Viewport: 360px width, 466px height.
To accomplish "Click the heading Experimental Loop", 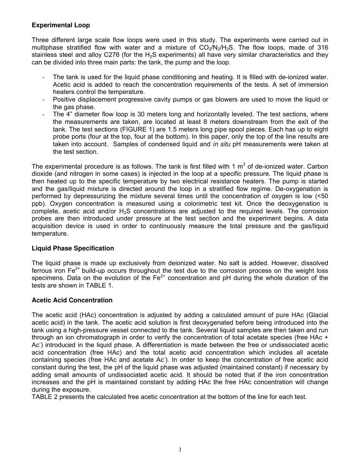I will (x=61, y=25).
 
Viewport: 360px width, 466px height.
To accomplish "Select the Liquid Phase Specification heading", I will (x=73, y=248).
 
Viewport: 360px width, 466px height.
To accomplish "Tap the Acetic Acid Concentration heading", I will (x=72, y=300).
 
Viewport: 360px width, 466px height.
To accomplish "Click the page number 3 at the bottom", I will (x=180, y=450).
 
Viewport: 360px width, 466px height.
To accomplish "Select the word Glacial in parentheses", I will (x=318, y=315).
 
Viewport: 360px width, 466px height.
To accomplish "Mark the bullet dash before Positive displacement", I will (x=44, y=100).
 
